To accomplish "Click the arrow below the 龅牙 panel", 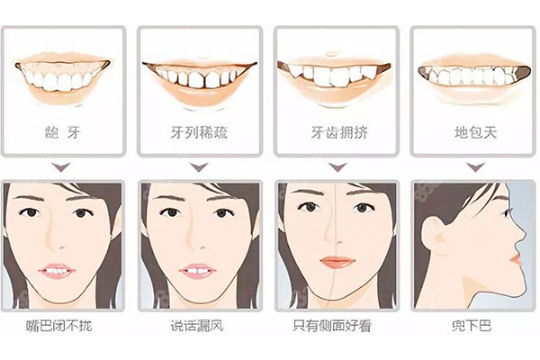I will tap(61, 167).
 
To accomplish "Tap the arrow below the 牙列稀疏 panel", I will tap(199, 167).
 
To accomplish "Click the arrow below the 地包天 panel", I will tap(473, 167).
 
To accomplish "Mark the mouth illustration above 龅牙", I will tap(62, 76).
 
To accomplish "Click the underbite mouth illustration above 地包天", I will tap(473, 76).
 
